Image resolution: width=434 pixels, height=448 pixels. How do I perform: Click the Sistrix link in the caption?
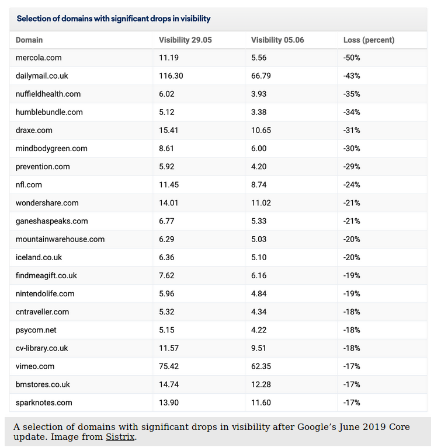click(120, 437)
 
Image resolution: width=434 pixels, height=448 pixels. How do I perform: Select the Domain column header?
click(29, 40)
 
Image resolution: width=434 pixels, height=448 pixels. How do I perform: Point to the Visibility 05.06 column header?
click(277, 40)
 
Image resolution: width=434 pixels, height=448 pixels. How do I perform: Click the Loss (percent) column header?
click(369, 40)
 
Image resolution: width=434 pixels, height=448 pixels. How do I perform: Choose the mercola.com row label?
click(39, 58)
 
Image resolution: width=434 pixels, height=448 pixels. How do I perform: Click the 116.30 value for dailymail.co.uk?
click(171, 76)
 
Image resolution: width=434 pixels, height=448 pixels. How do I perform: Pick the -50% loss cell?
click(352, 58)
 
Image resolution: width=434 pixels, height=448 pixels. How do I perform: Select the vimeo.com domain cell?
click(35, 366)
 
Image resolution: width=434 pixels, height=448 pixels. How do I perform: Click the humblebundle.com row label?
click(49, 112)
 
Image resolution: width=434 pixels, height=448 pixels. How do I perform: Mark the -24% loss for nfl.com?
click(352, 185)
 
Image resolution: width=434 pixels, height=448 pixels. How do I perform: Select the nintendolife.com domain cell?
click(45, 293)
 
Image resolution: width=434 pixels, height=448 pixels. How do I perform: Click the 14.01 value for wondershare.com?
click(169, 203)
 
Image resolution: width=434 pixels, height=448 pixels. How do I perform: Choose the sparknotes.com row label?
click(44, 402)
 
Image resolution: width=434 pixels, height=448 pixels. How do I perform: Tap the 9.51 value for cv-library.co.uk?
click(259, 348)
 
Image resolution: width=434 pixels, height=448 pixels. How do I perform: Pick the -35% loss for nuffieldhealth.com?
click(352, 94)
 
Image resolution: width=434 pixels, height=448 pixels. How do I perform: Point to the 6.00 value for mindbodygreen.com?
click(259, 148)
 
